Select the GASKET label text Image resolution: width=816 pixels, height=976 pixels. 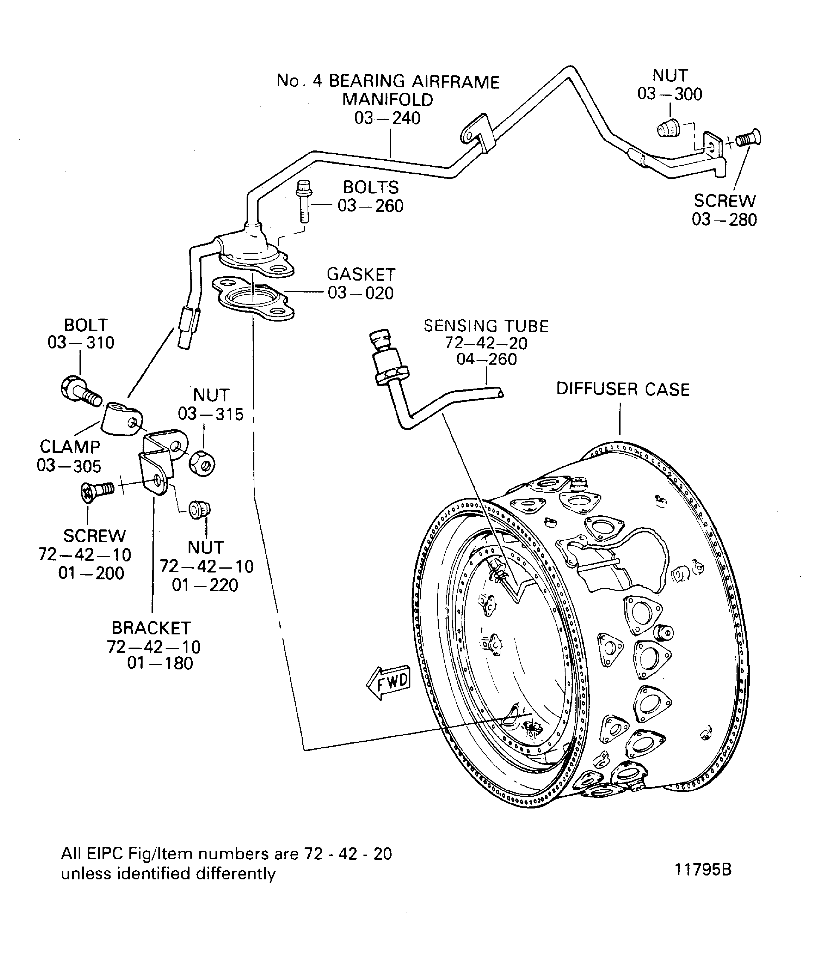[361, 275]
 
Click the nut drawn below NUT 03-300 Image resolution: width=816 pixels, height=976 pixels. [668, 127]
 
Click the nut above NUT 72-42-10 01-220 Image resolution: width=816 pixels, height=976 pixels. [200, 510]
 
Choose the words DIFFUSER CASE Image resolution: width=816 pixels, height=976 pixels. [622, 389]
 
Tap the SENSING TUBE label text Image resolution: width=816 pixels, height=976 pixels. [486, 326]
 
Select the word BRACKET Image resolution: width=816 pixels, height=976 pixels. [151, 628]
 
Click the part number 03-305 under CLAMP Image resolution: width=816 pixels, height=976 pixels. [69, 466]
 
